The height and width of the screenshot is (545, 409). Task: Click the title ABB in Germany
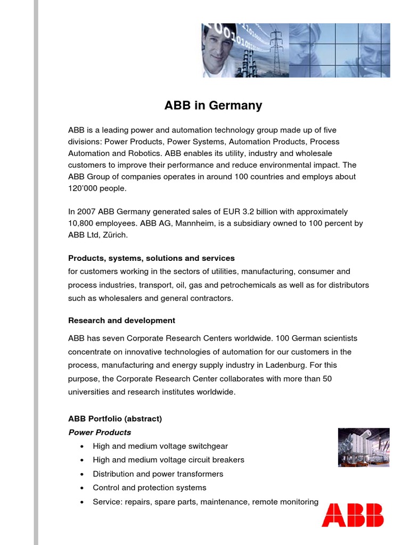coord(213,105)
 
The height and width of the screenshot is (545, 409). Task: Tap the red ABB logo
coord(352,515)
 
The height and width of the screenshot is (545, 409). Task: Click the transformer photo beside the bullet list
coord(364,447)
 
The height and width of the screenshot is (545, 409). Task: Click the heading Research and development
coord(121,320)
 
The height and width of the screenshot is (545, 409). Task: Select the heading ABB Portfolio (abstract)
coord(115,418)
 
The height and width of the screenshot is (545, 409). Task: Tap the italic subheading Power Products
coord(100,432)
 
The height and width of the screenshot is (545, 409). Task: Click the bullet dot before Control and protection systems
coord(81,488)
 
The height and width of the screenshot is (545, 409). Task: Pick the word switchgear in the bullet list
coord(208,446)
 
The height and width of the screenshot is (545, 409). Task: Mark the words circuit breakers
coord(215,460)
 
